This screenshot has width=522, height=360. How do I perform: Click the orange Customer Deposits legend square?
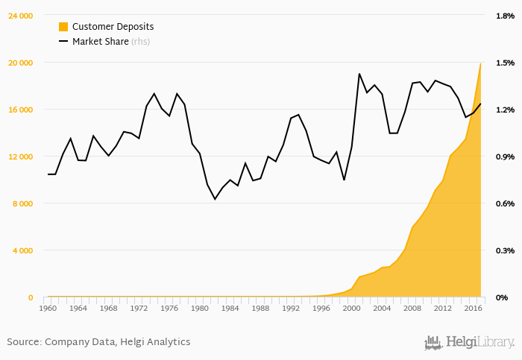click(x=63, y=27)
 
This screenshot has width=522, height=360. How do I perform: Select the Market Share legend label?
click(x=100, y=42)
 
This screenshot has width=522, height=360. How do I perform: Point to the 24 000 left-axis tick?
click(x=20, y=16)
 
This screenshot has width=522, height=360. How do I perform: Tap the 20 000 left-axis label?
click(x=20, y=63)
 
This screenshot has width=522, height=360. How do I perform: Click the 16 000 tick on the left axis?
click(x=20, y=110)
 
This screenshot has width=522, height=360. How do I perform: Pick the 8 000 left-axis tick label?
click(x=22, y=203)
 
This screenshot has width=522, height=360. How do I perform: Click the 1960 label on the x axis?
click(x=48, y=308)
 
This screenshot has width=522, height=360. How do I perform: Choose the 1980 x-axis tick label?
click(x=200, y=308)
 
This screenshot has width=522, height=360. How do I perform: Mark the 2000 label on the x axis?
click(x=351, y=308)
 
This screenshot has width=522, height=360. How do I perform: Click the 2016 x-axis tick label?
click(x=473, y=308)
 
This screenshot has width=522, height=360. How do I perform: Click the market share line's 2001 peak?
click(x=359, y=74)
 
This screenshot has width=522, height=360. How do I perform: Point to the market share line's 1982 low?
click(x=215, y=199)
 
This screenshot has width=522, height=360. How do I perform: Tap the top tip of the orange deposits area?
click(x=480, y=63)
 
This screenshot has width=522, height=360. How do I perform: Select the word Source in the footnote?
click(x=23, y=342)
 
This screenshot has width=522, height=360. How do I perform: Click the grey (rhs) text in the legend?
click(x=140, y=42)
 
